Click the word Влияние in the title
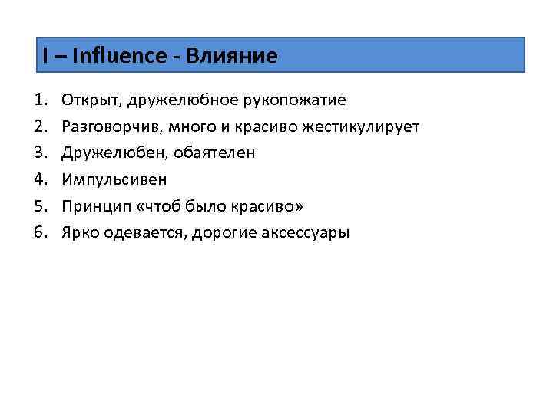[x=236, y=55]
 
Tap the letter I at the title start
[x=45, y=55]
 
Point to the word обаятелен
[x=217, y=153]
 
